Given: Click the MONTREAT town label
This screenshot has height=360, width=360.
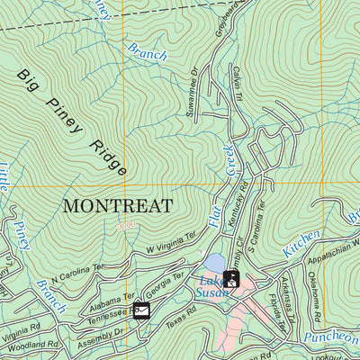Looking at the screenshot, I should point(117,205).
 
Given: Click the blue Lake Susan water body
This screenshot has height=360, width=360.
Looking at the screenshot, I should point(214,262).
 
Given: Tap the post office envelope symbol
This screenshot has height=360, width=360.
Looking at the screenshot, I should point(141,311).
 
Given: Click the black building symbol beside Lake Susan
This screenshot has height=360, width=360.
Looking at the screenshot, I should point(231,279).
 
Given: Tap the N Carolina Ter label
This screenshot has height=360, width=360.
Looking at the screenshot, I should point(77,275).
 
